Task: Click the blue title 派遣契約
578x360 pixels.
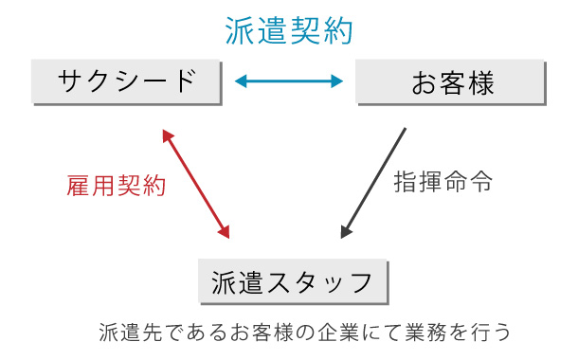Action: click(289, 30)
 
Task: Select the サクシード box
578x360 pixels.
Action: click(126, 81)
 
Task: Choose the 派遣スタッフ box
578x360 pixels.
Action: click(294, 281)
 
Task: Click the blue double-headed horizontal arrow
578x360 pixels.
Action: click(289, 82)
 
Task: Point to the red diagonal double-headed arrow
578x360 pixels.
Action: click(196, 183)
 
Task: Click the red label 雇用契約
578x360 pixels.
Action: click(117, 186)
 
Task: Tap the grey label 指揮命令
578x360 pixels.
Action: click(443, 183)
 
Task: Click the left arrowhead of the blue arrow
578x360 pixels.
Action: click(240, 82)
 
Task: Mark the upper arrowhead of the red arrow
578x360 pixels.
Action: click(167, 135)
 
